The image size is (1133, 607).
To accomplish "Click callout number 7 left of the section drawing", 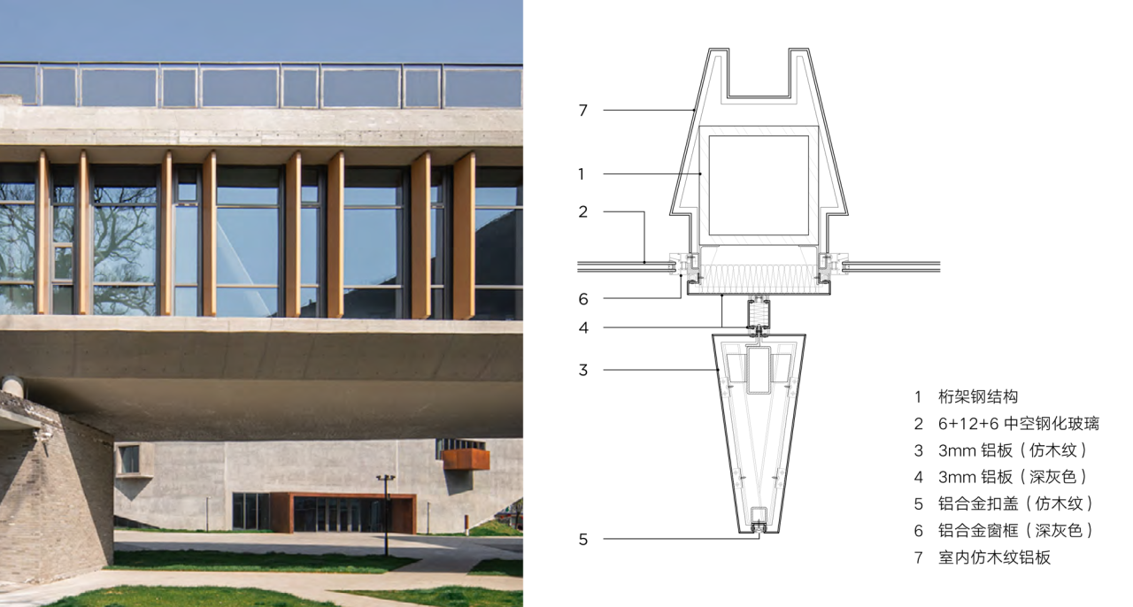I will click(582, 111).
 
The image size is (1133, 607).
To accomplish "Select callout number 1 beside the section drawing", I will click(582, 174).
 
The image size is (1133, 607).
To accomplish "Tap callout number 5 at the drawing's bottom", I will click(582, 539).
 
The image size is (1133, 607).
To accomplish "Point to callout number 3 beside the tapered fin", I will click(582, 370).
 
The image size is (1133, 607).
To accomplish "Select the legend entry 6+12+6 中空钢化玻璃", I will click(1018, 424).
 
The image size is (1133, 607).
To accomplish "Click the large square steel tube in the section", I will click(758, 185).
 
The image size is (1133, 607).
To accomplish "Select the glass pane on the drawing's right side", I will click(894, 265).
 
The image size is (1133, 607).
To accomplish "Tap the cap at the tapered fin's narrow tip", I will click(759, 528).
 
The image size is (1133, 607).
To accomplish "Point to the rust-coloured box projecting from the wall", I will click(466, 458).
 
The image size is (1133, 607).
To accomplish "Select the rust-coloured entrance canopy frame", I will click(342, 497).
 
